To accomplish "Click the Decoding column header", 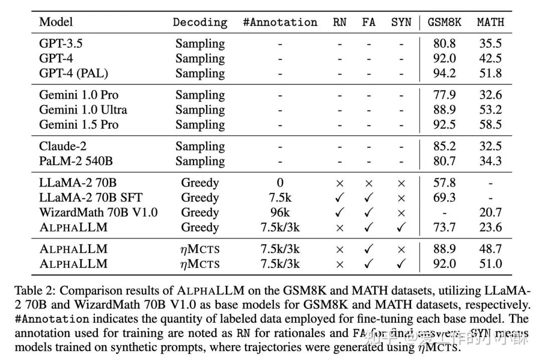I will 200,23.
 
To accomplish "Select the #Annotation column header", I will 280,23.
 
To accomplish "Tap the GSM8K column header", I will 445,23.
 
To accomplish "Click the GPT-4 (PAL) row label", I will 73,73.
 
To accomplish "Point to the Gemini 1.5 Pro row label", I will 79,124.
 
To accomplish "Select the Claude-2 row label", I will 63,146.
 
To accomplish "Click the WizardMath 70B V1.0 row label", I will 98,212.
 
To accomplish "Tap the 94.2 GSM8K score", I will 445,73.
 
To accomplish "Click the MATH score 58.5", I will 490,124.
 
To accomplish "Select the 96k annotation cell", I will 280,212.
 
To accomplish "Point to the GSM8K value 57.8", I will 445,183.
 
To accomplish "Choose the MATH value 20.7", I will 490,212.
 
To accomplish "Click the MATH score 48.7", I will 490,249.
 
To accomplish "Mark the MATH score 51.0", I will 490,264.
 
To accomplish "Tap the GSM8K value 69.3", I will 445,198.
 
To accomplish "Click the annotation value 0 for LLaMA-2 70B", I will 280,183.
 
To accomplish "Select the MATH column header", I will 490,23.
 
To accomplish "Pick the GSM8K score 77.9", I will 445,95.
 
